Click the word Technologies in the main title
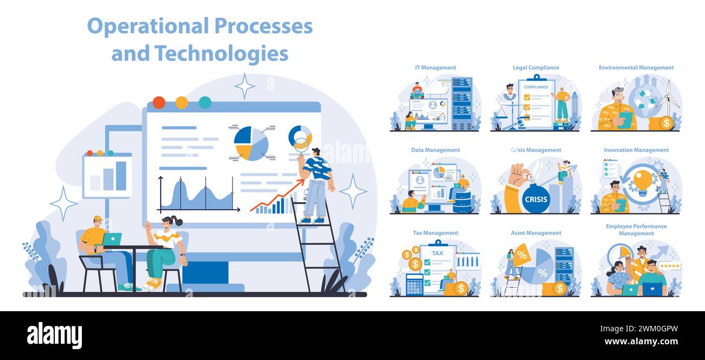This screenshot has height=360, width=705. point(221,53)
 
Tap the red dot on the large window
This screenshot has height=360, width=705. point(159,102)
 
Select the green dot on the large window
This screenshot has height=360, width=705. point(204,102)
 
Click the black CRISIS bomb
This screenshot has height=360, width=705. point(536,199)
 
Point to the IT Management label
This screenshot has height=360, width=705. point(435,68)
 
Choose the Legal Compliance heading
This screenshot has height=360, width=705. point(536,68)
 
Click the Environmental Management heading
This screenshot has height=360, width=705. point(636,68)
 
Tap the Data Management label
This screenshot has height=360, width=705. point(435,150)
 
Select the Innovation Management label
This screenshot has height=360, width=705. point(636,150)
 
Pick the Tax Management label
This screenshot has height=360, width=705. point(435,233)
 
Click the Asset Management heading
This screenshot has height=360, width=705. point(536,233)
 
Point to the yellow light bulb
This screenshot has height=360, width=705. point(643,181)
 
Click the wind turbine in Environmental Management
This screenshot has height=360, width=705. point(669,98)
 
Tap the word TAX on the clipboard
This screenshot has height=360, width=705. point(437,253)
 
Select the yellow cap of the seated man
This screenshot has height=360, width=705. point(97,219)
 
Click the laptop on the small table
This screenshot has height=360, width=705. point(112,239)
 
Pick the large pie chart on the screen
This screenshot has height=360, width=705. point(251,144)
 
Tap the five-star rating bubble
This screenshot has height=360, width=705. point(669,266)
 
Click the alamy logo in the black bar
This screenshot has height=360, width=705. point(54,335)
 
